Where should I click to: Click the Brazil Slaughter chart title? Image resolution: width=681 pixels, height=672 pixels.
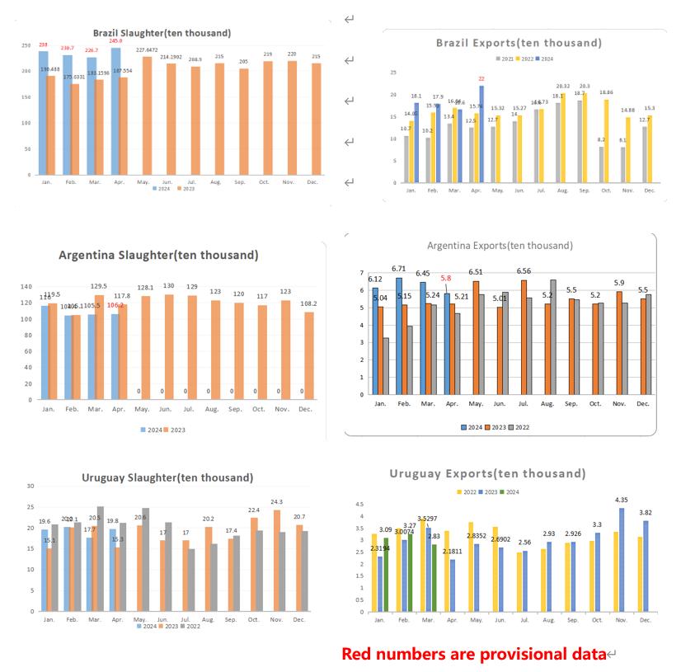[162, 33]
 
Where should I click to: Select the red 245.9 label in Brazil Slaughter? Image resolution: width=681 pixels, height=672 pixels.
[115, 41]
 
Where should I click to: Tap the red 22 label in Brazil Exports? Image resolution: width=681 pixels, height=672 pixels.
[481, 78]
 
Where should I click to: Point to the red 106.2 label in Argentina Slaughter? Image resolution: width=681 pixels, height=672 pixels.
[115, 305]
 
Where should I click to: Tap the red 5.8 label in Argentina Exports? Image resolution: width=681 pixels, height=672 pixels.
[445, 278]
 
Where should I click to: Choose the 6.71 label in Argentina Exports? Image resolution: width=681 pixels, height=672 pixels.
[399, 268]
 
